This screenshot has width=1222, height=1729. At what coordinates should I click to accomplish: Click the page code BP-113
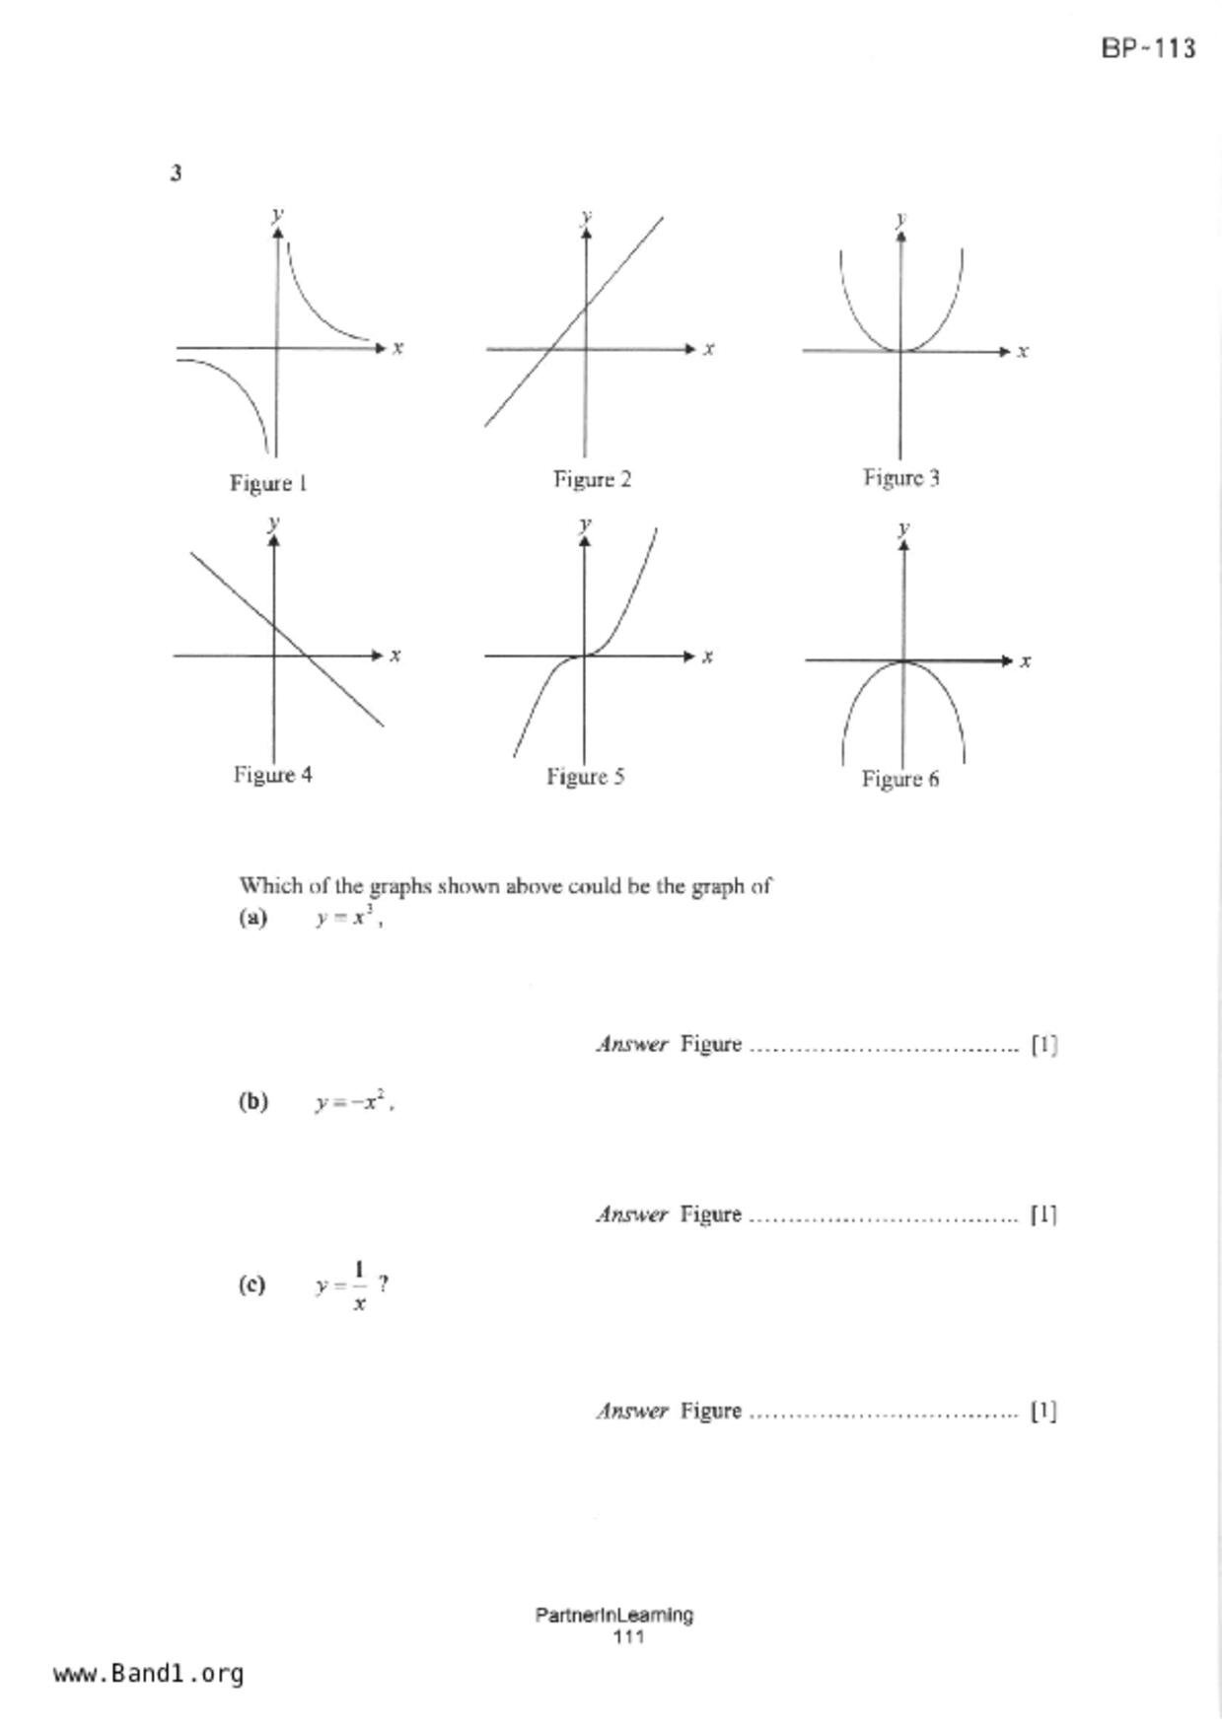[1148, 48]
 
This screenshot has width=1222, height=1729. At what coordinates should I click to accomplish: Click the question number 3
[177, 173]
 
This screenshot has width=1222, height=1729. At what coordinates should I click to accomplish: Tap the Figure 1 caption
[268, 483]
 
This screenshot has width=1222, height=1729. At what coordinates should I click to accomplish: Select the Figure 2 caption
[592, 479]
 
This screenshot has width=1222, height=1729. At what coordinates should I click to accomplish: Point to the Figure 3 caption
[901, 478]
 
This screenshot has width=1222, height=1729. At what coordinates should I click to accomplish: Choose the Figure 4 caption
[272, 775]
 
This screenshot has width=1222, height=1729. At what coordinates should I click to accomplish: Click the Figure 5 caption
[585, 777]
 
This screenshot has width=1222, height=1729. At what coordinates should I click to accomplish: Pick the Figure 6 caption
[899, 779]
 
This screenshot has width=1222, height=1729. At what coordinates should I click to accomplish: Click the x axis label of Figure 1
[398, 347]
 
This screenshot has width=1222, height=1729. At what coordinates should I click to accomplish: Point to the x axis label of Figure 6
[1026, 660]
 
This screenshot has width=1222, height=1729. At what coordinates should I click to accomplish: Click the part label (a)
[252, 918]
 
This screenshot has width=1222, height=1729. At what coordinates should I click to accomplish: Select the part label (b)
[252, 1101]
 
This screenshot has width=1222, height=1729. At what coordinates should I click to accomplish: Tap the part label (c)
[252, 1284]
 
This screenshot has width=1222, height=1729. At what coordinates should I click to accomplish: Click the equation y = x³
[346, 917]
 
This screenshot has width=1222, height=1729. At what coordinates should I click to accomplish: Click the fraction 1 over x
[359, 1285]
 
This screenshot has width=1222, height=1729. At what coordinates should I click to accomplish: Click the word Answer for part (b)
[632, 1214]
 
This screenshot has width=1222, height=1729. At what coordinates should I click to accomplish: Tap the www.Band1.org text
[148, 1673]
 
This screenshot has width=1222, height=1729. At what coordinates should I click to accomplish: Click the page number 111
[628, 1636]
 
